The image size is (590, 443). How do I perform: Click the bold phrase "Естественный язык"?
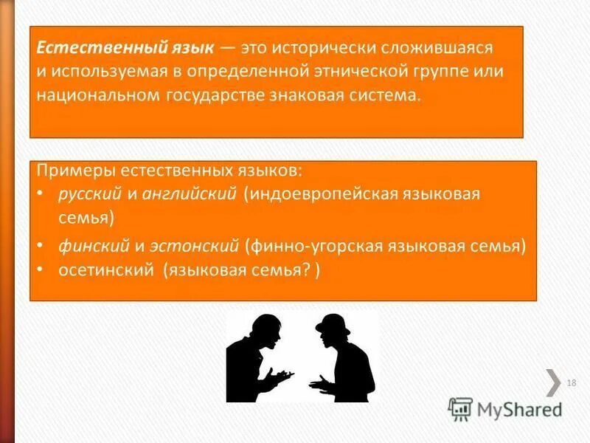pos(125,48)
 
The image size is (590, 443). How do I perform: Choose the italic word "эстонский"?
pos(195,245)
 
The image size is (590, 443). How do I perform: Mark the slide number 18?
pos(572,382)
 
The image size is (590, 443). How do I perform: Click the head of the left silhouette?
pos(263,328)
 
